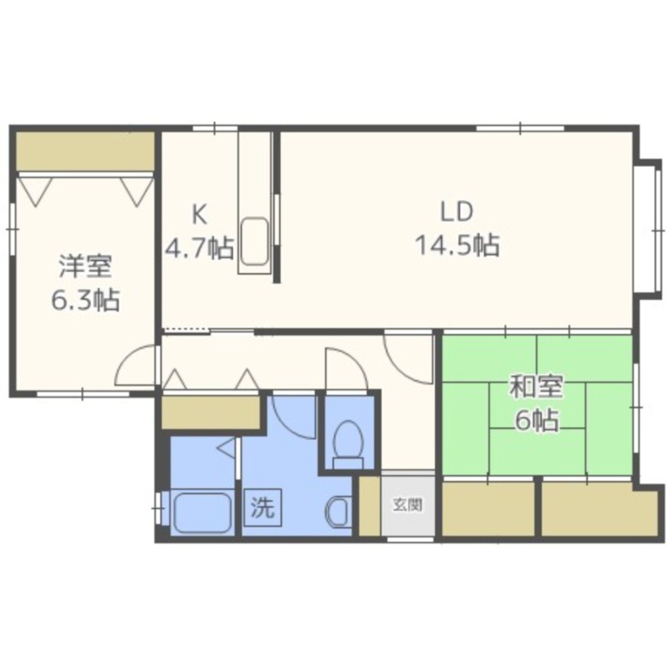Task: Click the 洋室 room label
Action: [85, 267]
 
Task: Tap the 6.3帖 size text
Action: [85, 300]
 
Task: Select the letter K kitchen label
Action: [200, 215]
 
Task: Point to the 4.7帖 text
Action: [200, 247]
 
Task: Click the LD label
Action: [457, 212]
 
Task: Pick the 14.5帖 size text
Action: [457, 245]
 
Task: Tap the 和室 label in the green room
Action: [537, 386]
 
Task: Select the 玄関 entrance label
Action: [407, 505]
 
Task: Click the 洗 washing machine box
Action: [262, 507]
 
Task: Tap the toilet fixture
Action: [348, 444]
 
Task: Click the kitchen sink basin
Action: [255, 242]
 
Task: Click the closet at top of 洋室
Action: [85, 152]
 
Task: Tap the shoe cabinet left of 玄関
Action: [369, 506]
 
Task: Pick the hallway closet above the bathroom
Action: [211, 412]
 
